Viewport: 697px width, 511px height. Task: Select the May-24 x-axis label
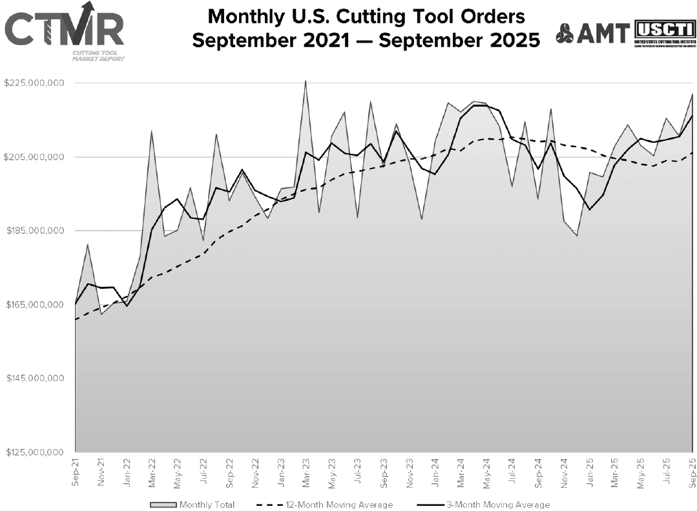[x=486, y=470]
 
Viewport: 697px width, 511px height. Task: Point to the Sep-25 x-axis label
[x=692, y=470]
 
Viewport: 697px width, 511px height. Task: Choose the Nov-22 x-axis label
[x=255, y=470]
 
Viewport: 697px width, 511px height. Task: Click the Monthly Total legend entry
[x=192, y=505]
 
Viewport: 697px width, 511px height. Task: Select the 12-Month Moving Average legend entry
[x=325, y=505]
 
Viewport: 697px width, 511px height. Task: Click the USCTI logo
[x=663, y=33]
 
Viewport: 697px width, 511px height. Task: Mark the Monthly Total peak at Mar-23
[x=306, y=81]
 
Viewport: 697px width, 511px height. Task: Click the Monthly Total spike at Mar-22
[x=151, y=131]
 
